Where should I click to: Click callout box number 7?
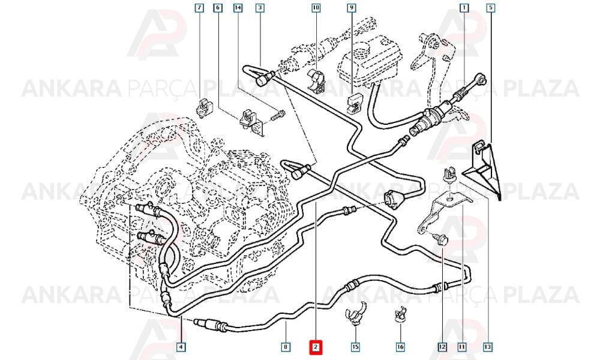pos(199,7)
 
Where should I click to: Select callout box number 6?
pos(218,7)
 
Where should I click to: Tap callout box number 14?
pos(238,7)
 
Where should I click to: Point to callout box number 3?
pos(260,7)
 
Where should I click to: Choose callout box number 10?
pos(316,7)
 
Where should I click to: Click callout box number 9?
pos(351,7)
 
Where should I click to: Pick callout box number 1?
pos(464,7)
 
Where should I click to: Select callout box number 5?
pos(491,7)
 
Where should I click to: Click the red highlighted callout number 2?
pos(316,347)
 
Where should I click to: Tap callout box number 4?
pos(181,347)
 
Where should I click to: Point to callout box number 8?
pos(286,347)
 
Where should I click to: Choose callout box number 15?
pos(355,347)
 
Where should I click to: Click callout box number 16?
pos(400,347)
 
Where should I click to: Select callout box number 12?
pos(442,347)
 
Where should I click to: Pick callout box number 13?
pos(487,347)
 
